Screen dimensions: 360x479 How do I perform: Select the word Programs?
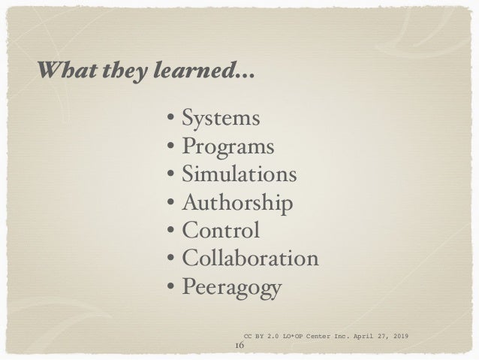[x=227, y=147]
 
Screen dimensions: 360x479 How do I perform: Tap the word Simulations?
[x=239, y=175]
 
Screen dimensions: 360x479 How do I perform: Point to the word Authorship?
[x=237, y=203]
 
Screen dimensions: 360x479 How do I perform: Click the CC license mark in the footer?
[x=249, y=334]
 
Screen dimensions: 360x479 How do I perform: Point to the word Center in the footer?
[x=318, y=334]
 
